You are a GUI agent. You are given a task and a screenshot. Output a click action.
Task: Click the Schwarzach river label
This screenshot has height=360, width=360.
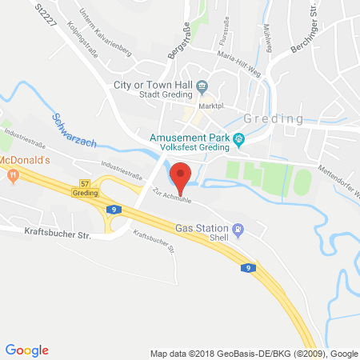click(x=74, y=130)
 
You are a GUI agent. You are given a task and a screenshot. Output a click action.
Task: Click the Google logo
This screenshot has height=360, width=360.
click(x=27, y=350)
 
